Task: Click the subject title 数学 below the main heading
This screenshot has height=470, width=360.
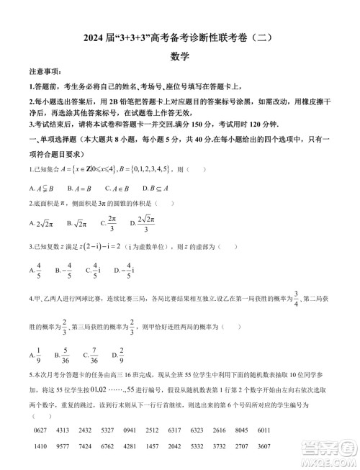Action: pyautogui.click(x=179, y=55)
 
